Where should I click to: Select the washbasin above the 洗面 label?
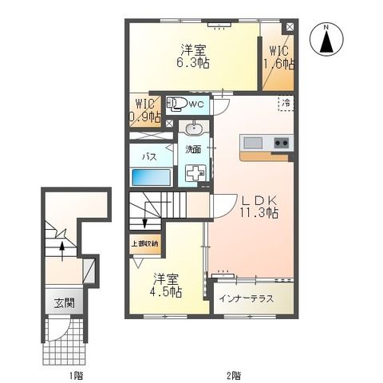pyautogui.click(x=193, y=128)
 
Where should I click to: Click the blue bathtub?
pyautogui.click(x=151, y=176)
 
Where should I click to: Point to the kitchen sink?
pyautogui.click(x=253, y=144)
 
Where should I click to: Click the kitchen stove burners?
pyautogui.click(x=281, y=144)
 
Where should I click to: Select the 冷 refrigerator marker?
pyautogui.click(x=285, y=103)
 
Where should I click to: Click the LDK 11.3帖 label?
pyautogui.click(x=260, y=207)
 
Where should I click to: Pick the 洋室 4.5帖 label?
pyautogui.click(x=167, y=286)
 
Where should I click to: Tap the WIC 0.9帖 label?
pyautogui.click(x=146, y=110)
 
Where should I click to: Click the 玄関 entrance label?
pyautogui.click(x=64, y=303)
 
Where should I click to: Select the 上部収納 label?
pyautogui.click(x=144, y=243)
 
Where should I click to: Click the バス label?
pyautogui.click(x=148, y=157)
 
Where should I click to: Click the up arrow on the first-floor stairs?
pyautogui.click(x=62, y=247)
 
